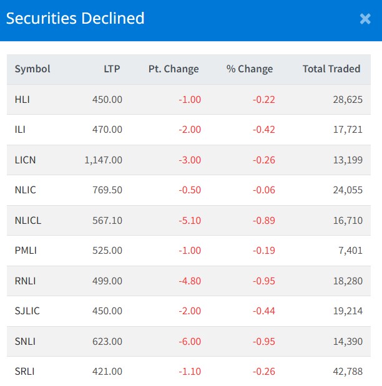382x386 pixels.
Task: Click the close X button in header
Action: tap(365, 19)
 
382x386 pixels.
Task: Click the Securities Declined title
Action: tap(76, 19)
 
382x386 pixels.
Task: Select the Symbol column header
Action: tap(32, 69)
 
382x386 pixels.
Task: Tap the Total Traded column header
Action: tap(331, 69)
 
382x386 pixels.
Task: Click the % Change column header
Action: tap(250, 69)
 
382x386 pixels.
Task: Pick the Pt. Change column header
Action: tap(174, 69)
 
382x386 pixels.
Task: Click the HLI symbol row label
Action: tap(22, 99)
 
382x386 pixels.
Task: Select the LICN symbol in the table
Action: tap(26, 160)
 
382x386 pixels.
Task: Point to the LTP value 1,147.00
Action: tap(104, 160)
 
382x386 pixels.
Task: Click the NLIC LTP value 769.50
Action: tap(107, 190)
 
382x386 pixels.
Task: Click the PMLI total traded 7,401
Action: tap(350, 251)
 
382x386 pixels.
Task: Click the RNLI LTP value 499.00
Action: tap(107, 281)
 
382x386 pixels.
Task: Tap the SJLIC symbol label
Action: tap(27, 311)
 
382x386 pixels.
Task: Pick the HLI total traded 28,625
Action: tap(348, 99)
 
